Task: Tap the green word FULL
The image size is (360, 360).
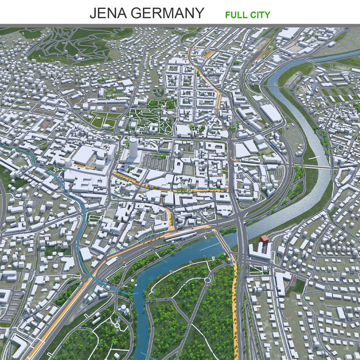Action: (x=235, y=15)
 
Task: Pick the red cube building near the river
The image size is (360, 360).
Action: (x=265, y=239)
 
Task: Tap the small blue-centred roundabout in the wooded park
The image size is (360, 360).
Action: (x=207, y=280)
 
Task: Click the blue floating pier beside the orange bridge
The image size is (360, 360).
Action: (x=209, y=247)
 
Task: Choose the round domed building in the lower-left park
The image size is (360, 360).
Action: (x=123, y=309)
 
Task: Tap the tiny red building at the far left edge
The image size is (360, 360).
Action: (x=7, y=69)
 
